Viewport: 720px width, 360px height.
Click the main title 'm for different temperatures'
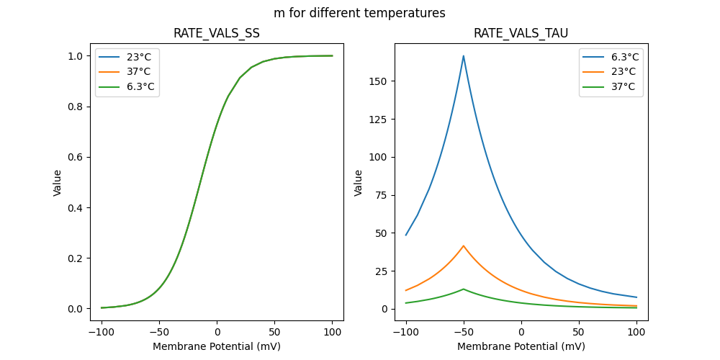(x=359, y=13)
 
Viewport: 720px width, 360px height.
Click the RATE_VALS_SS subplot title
(x=217, y=33)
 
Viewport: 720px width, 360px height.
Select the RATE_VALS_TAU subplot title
(x=521, y=33)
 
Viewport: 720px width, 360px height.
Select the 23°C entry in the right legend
(x=623, y=72)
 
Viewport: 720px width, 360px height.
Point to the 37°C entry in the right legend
(x=623, y=87)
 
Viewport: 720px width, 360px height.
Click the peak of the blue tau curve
(x=464, y=55)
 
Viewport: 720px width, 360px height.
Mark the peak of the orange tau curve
(x=464, y=246)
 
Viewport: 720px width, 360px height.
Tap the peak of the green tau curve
(x=464, y=289)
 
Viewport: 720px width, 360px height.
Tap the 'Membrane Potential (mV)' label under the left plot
(x=217, y=346)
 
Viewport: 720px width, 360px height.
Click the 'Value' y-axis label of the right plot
(x=359, y=183)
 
